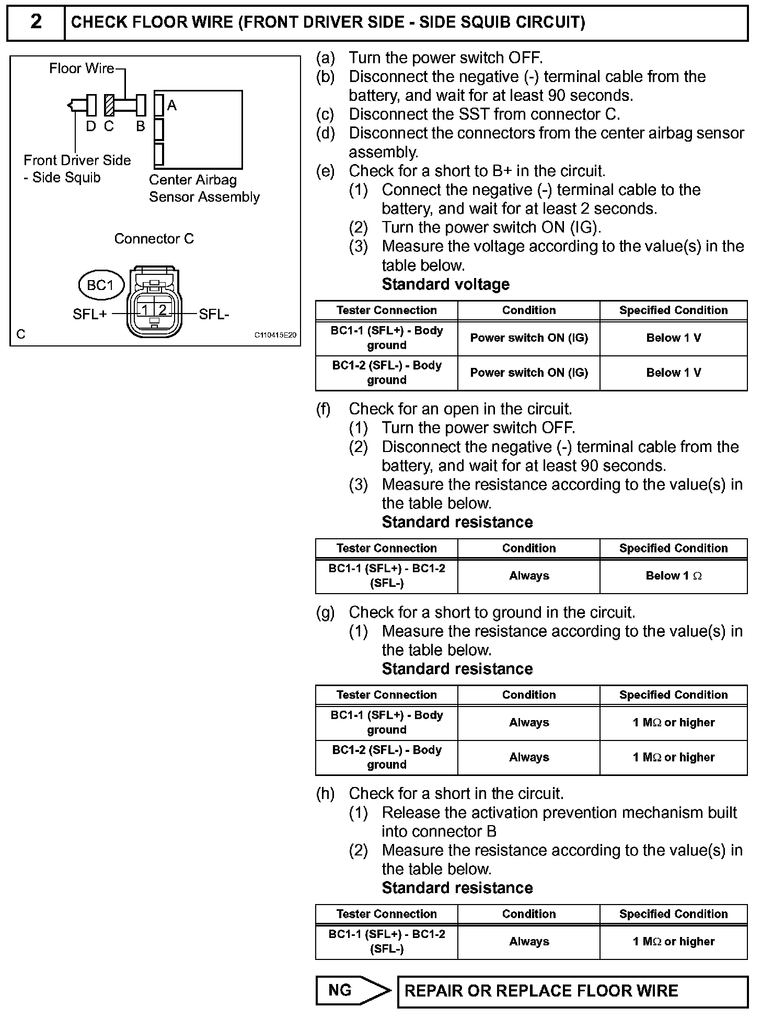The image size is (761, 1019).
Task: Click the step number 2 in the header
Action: pos(36,22)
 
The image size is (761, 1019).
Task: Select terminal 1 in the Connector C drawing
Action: pos(145,310)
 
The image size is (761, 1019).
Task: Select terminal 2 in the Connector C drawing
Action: pos(163,310)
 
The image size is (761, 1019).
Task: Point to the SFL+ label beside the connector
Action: pos(90,314)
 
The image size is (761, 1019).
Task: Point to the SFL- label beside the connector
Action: pos(214,314)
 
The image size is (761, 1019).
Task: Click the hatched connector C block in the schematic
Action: pos(109,105)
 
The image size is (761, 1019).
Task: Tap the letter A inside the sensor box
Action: pos(171,106)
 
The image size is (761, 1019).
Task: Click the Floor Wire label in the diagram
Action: pos(82,68)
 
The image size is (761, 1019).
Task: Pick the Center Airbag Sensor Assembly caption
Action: pos(204,188)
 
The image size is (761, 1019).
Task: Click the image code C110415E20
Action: pos(275,335)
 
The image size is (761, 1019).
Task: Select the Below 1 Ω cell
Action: pos(673,576)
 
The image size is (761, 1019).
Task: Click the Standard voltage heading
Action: pos(446,284)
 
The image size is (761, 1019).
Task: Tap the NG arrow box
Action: pos(352,990)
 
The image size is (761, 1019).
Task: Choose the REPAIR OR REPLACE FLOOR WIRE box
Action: pos(572,991)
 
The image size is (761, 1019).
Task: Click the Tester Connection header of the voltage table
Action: pos(386,310)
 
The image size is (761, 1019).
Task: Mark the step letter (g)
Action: pos(325,612)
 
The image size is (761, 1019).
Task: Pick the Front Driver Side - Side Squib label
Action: pos(77,169)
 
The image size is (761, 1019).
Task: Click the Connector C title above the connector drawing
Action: pos(154,239)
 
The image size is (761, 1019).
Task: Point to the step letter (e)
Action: pos(325,171)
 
